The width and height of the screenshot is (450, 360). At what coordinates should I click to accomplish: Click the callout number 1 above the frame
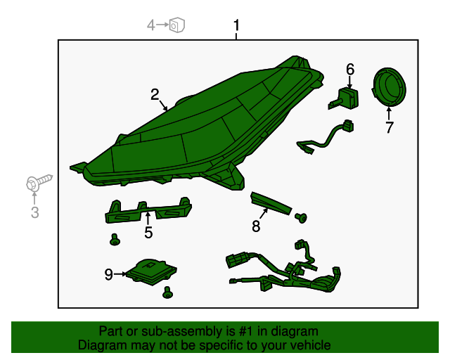pyautogui.click(x=236, y=25)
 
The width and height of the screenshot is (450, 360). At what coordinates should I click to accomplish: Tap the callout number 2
pyautogui.click(x=155, y=94)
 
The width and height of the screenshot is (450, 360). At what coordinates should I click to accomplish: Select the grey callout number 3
pyautogui.click(x=34, y=212)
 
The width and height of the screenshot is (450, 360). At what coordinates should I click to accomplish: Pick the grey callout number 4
pyautogui.click(x=151, y=25)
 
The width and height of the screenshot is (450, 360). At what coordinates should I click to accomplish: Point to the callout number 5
pyautogui.click(x=148, y=232)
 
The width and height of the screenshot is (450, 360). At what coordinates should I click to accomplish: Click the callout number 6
pyautogui.click(x=350, y=70)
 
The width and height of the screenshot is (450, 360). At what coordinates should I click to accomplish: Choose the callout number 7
pyautogui.click(x=389, y=127)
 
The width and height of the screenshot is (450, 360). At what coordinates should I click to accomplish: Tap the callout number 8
pyautogui.click(x=256, y=226)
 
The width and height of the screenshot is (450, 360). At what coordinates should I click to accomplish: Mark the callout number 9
pyautogui.click(x=108, y=274)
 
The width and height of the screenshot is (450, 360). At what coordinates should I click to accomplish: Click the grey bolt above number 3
pyautogui.click(x=39, y=182)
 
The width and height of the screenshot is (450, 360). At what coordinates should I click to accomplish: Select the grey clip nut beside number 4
pyautogui.click(x=176, y=25)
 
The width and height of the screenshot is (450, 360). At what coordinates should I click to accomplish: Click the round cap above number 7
pyautogui.click(x=389, y=87)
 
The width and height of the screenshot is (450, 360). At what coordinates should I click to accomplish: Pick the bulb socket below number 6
pyautogui.click(x=344, y=98)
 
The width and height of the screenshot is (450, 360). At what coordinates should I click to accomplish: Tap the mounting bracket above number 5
pyautogui.click(x=148, y=210)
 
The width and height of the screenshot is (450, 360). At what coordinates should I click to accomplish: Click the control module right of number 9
pyautogui.click(x=151, y=271)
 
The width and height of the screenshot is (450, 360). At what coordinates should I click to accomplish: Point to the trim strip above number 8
pyautogui.click(x=271, y=203)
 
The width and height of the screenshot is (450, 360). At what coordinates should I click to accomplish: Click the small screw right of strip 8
pyautogui.click(x=301, y=218)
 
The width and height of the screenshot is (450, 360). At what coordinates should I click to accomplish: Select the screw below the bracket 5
pyautogui.click(x=115, y=240)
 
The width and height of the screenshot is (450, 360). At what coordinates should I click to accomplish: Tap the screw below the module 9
pyautogui.click(x=167, y=292)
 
